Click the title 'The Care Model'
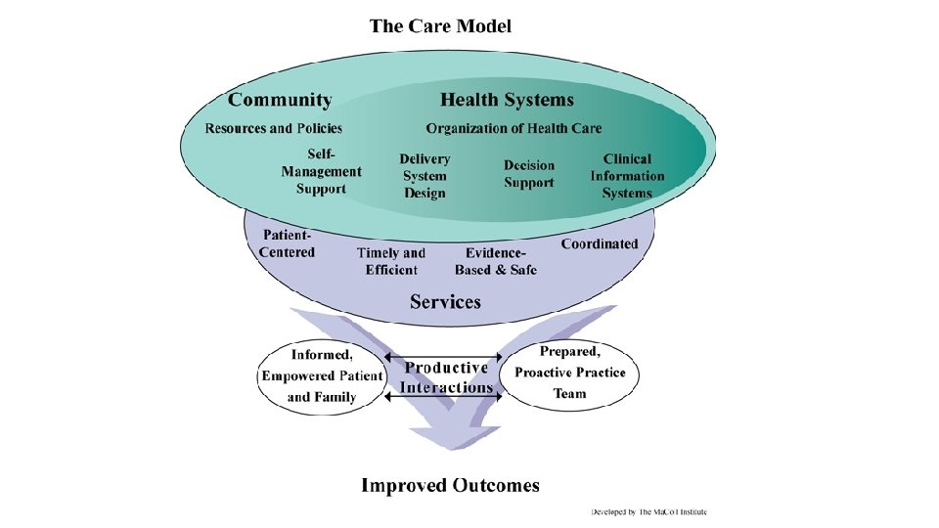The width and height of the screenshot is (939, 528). [440, 26]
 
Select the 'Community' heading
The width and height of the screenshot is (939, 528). [280, 100]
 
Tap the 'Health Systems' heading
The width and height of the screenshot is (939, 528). [507, 100]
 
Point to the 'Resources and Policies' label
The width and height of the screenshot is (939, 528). [273, 128]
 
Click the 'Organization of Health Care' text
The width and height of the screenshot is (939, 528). [514, 128]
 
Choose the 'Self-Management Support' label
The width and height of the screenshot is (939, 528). [321, 171]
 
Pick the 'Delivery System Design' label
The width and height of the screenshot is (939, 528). [425, 176]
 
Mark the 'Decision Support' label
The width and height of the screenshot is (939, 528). [529, 174]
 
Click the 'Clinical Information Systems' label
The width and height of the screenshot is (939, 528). [627, 176]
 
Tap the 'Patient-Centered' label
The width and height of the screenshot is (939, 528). [288, 244]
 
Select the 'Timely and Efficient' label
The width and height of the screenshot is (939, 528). [391, 261]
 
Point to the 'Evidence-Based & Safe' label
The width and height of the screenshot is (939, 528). [496, 261]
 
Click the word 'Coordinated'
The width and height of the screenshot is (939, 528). [600, 244]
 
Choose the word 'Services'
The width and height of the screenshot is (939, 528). [446, 301]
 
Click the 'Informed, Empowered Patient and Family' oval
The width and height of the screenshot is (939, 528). [322, 375]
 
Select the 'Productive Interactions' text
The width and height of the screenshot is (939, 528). [446, 377]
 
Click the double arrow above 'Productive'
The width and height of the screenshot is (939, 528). [445, 358]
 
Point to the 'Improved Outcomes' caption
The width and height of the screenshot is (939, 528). [450, 485]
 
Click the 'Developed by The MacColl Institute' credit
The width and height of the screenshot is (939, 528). [648, 511]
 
